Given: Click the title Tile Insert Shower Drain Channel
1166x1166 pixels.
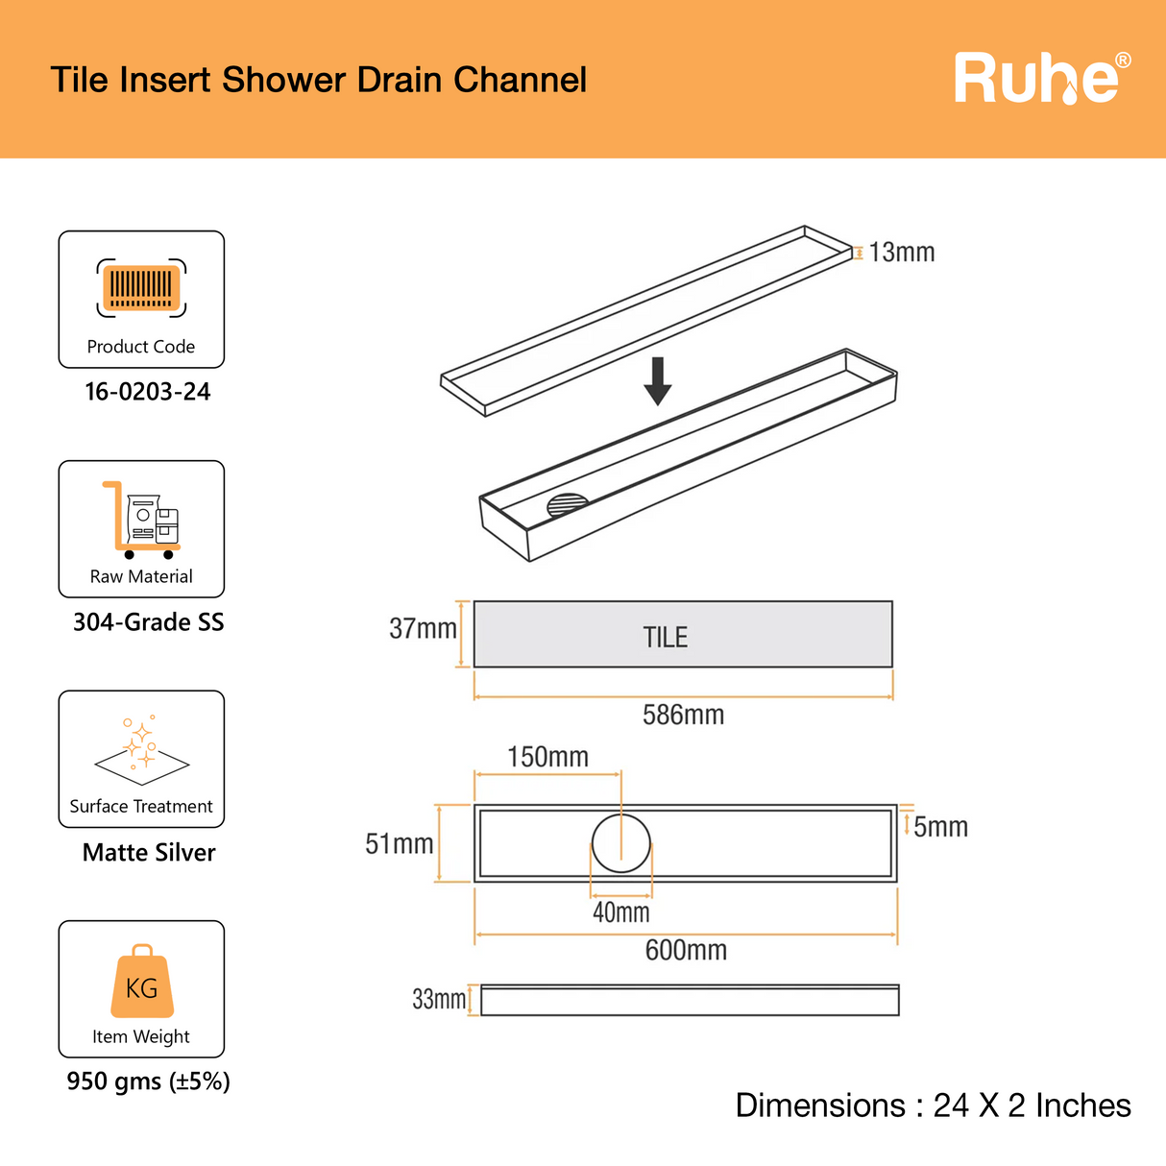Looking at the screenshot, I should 318,80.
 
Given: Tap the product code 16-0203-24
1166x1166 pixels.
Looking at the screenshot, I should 147,392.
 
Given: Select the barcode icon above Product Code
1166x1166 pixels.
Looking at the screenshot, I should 141,287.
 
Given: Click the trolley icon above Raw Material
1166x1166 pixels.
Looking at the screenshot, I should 141,520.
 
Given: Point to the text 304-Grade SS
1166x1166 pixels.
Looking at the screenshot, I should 148,622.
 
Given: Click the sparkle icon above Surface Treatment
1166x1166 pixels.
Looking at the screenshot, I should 141,746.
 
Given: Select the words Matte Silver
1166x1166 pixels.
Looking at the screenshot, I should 149,853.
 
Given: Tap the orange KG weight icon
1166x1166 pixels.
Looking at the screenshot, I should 142,982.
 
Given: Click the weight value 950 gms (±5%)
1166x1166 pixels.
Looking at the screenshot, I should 148,1081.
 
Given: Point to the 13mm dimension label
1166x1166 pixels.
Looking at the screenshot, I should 901,253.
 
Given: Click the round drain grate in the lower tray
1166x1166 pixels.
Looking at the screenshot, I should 567,505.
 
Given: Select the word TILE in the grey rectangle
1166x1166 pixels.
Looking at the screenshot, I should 665,638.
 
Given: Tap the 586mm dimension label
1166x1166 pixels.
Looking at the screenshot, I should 683,715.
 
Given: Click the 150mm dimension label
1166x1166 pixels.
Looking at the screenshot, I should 547,757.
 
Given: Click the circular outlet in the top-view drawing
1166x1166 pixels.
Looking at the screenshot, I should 620,843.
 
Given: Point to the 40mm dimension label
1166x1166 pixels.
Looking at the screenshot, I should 620,912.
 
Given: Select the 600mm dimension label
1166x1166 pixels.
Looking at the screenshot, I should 686,951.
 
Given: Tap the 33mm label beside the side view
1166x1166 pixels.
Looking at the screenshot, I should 438,1000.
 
